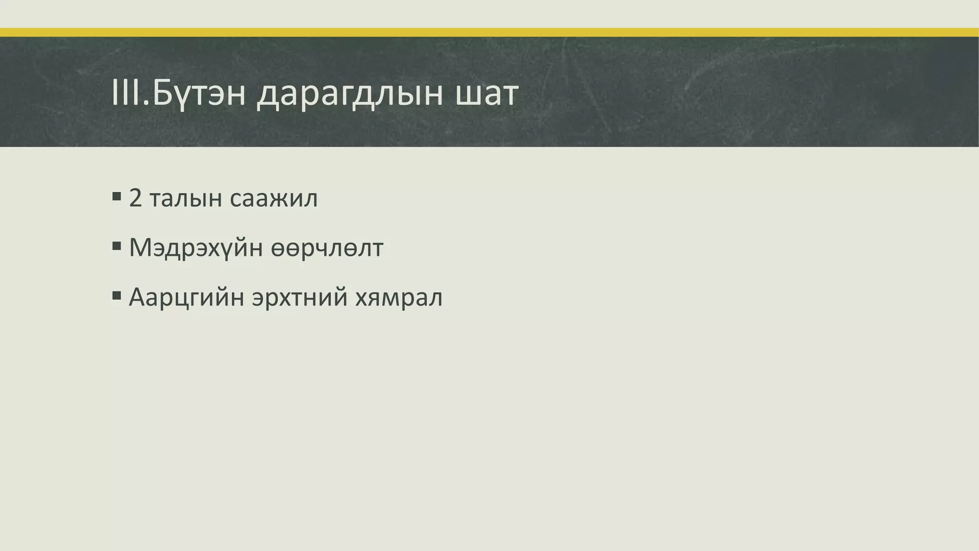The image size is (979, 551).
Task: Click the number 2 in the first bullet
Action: (136, 198)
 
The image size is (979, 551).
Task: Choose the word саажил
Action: (273, 198)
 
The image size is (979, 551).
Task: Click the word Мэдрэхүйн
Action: (196, 248)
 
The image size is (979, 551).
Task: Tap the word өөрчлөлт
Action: (327, 248)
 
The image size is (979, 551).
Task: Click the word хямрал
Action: (399, 298)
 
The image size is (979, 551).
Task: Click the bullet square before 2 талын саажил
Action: (117, 197)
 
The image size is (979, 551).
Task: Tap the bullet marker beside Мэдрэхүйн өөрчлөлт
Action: (117, 246)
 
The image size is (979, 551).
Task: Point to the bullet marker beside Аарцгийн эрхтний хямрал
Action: (117, 296)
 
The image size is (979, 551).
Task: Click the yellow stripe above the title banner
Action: (489, 33)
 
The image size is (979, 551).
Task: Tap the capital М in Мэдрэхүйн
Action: (142, 248)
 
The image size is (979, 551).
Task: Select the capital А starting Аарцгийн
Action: (139, 297)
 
